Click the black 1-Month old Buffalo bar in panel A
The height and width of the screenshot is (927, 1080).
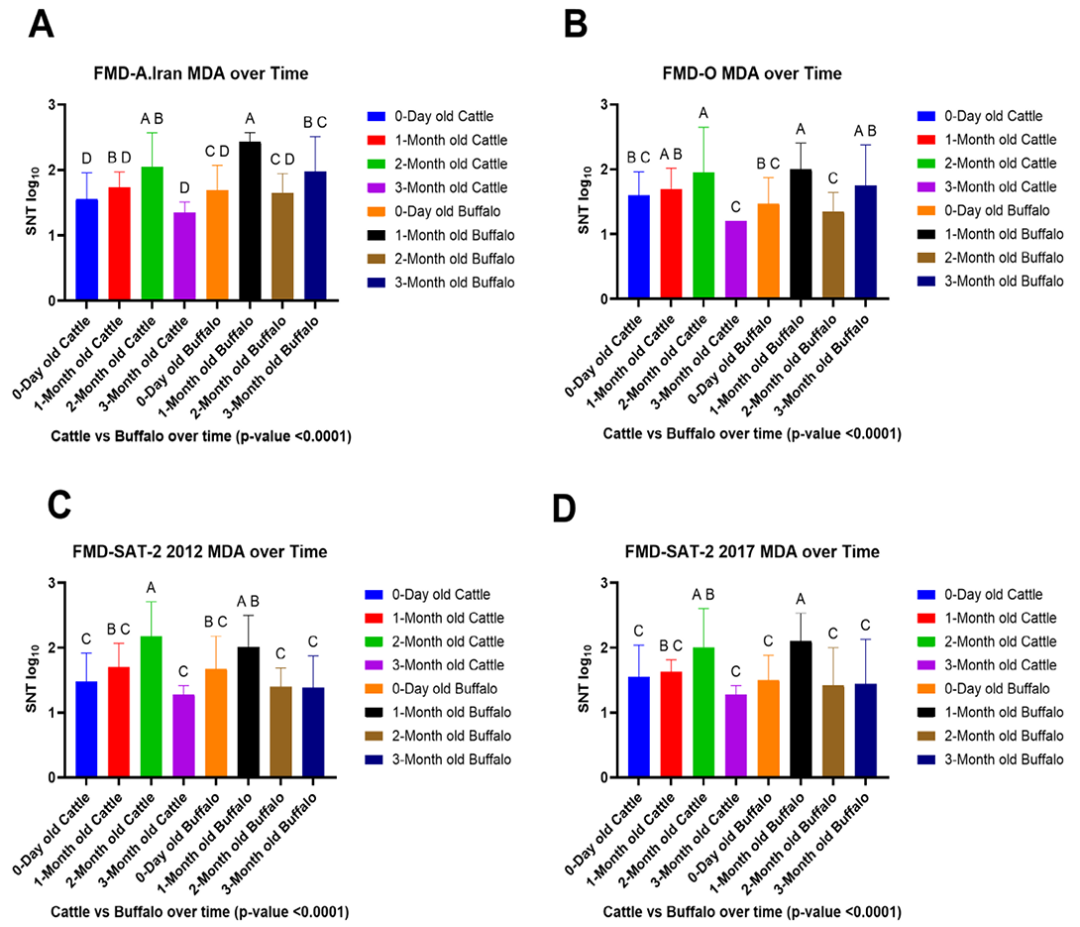click(250, 221)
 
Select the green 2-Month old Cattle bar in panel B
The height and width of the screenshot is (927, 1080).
click(703, 236)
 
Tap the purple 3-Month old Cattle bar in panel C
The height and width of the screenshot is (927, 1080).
click(183, 736)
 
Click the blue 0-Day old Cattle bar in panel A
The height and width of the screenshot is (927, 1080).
click(87, 250)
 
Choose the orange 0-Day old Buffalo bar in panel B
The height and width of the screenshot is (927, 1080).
click(768, 252)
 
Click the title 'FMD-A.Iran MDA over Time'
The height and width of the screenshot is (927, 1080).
click(201, 73)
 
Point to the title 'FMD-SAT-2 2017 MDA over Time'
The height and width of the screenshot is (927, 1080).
click(752, 552)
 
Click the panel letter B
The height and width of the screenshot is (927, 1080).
click(576, 25)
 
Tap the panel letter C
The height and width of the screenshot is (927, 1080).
click(59, 505)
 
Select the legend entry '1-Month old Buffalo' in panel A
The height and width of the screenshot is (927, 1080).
click(455, 235)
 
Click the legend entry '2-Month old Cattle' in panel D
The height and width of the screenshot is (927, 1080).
click(1000, 641)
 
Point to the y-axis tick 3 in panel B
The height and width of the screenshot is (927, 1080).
click(604, 105)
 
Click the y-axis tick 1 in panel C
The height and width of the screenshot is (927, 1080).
click(52, 713)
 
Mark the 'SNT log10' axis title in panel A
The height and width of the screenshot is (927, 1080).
click(33, 201)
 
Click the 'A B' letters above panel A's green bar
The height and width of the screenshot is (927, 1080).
click(152, 119)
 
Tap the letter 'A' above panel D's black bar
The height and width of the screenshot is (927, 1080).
click(801, 600)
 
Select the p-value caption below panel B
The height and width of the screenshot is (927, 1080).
click(752, 433)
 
